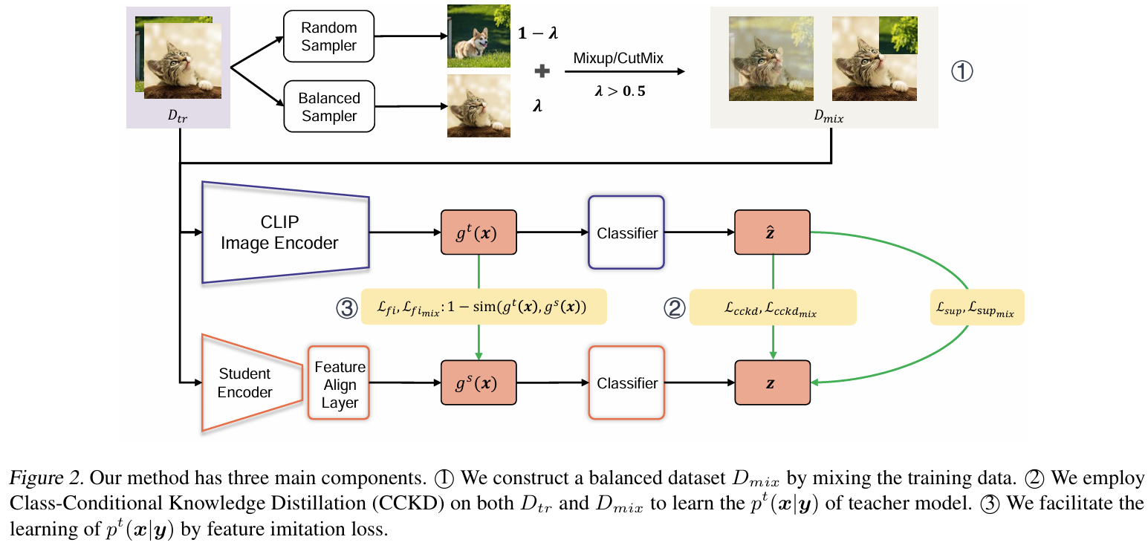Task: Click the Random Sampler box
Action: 328,37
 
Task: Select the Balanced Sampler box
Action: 328,107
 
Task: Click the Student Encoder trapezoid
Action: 244,383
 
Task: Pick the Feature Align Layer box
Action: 340,385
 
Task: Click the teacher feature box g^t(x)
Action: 479,233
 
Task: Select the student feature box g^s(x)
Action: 479,383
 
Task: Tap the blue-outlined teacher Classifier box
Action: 626,233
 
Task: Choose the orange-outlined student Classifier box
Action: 626,383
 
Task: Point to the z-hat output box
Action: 772,233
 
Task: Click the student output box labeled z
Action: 772,383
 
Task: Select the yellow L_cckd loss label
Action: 773,307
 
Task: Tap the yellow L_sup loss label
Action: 976,307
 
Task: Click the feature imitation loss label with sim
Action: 484,307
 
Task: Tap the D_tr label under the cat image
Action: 178,114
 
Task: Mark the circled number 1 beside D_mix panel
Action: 961,71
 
